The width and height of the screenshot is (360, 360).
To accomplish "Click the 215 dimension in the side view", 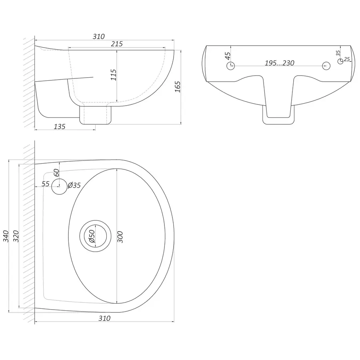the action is coord(117,44).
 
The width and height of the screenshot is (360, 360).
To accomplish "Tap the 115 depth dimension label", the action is coord(114,75).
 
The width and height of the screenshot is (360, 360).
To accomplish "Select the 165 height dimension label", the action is coord(178,87).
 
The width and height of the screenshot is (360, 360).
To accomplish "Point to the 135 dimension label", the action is coord(60,126).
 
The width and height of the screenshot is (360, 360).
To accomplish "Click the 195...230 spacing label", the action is coord(280,63).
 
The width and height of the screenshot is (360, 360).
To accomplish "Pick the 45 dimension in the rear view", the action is coord(227,56).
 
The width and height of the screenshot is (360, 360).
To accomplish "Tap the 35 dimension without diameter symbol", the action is coord(338,53).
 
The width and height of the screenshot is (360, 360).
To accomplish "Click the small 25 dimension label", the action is coord(347,59).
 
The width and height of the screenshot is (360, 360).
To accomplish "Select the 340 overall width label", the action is coord(6,236).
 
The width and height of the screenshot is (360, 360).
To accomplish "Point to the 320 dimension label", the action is coord(16,236).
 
